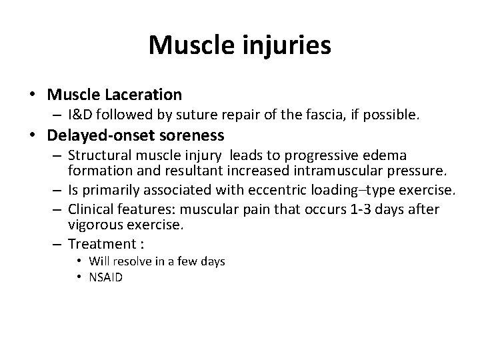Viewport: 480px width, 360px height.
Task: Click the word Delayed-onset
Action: pyautogui.click(x=92, y=136)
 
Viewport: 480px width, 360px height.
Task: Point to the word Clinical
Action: pyautogui.click(x=90, y=209)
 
